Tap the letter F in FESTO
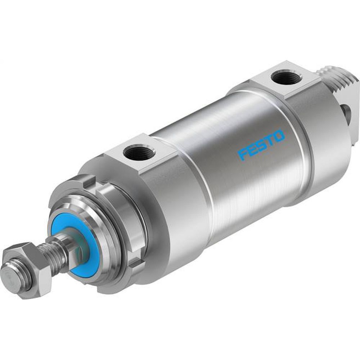242,154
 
